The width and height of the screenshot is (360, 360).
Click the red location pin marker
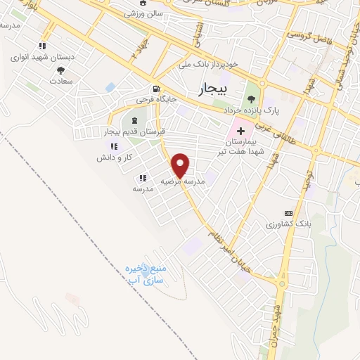181,165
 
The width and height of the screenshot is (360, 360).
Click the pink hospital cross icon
240,131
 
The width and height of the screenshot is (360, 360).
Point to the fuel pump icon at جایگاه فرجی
155,89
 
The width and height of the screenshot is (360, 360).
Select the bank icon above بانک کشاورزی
287,212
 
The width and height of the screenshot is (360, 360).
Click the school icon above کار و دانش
113,146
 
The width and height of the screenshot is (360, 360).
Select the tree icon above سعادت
61,70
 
